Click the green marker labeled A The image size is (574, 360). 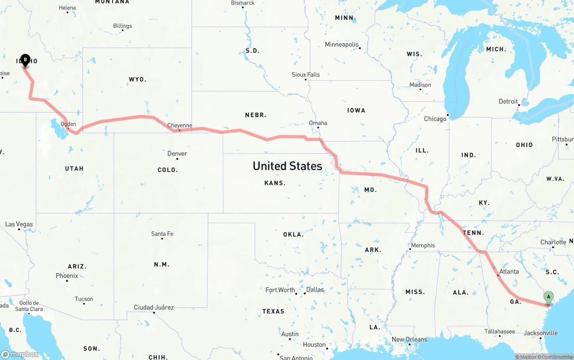click(x=548, y=297)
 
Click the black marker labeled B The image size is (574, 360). click(x=25, y=60)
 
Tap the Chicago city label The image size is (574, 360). click(x=435, y=119)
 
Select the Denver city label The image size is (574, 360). click(x=177, y=154)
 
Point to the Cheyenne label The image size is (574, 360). click(x=179, y=126)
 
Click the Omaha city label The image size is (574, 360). click(x=318, y=123)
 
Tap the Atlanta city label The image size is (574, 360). click(x=509, y=271)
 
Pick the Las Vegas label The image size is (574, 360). click(x=19, y=224)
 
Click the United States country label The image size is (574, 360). click(x=287, y=166)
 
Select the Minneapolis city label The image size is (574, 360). click(x=342, y=44)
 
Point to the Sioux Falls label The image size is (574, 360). click(x=306, y=74)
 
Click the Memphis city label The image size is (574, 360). click(x=423, y=245)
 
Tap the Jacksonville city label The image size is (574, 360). click(x=541, y=333)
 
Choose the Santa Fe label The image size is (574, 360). click(x=162, y=234)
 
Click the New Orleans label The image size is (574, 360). click(x=410, y=339)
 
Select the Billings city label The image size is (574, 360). click(x=122, y=26)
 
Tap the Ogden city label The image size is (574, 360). click(x=68, y=124)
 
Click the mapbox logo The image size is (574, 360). click(x=20, y=354)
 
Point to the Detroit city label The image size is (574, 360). click(x=508, y=101)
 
